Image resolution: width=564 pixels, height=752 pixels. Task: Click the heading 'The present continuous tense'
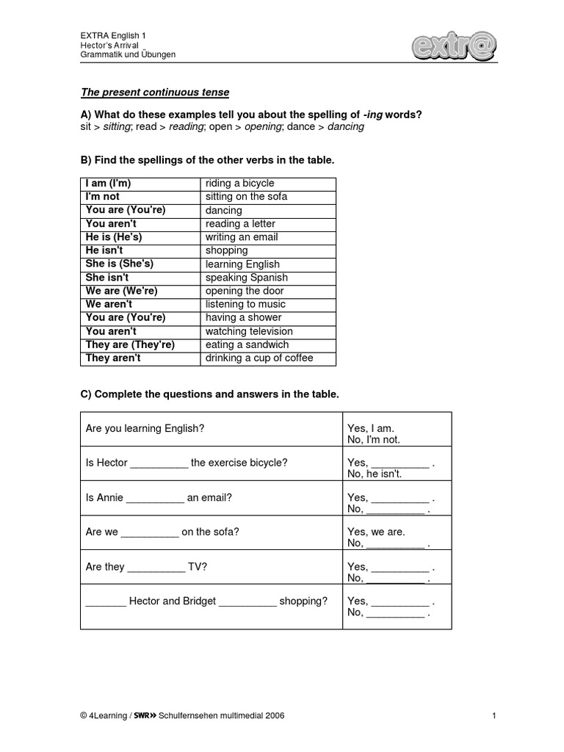point(154,93)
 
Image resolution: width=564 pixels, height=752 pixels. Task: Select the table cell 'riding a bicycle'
point(239,184)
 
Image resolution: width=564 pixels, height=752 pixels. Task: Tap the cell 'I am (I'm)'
point(108,184)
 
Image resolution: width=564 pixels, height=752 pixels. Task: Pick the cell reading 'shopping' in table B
point(227,250)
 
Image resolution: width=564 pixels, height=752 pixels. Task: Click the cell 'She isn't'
point(107,278)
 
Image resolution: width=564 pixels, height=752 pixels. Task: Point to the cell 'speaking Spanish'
point(246,278)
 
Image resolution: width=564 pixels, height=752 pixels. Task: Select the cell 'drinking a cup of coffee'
point(259,358)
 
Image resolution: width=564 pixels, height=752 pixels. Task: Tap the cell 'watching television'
point(249,331)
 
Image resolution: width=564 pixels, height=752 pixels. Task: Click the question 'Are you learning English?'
point(145,428)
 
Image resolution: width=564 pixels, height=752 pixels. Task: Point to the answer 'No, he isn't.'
point(375,474)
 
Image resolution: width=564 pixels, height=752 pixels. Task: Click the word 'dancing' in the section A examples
point(345,127)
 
